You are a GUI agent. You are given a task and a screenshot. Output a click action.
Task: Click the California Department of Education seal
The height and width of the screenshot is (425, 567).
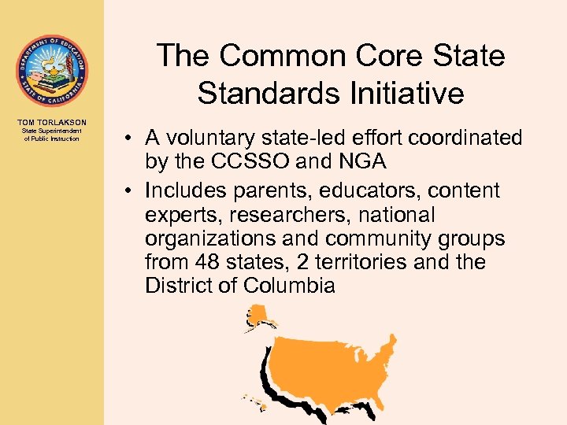coord(51,71)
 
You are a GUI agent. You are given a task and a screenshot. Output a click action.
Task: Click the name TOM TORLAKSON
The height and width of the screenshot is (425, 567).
coord(51,122)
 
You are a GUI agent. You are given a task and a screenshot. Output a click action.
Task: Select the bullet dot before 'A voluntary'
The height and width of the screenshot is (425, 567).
coord(126,139)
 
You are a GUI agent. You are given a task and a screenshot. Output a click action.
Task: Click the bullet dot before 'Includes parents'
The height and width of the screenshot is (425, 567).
coord(126,191)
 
